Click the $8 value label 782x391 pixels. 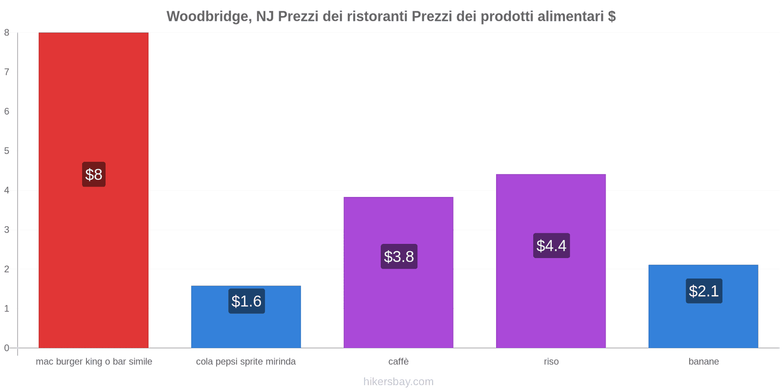click(x=94, y=174)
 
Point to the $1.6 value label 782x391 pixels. click(x=246, y=301)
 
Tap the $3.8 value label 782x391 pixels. click(x=399, y=257)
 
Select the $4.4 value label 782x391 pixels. click(x=551, y=245)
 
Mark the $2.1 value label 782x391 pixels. click(x=704, y=291)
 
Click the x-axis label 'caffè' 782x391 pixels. click(x=398, y=362)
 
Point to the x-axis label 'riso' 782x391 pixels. click(x=551, y=362)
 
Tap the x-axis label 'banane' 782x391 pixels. click(x=703, y=362)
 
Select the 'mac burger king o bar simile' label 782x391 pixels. click(x=94, y=362)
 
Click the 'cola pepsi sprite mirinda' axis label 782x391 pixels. click(x=246, y=362)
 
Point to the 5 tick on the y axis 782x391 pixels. click(x=7, y=151)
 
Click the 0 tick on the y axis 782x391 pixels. click(x=7, y=348)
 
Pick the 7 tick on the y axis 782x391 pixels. click(x=7, y=72)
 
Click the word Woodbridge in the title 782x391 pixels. click(x=207, y=17)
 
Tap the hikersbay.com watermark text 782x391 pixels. click(x=398, y=382)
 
